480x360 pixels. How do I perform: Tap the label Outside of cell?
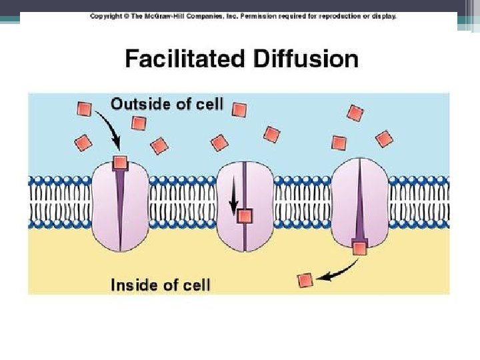coord(167,105)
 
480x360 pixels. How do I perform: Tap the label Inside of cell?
coord(160,285)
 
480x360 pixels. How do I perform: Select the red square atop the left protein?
coord(120,162)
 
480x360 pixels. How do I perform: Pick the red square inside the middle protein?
coord(245,215)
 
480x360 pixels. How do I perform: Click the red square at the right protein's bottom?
coord(360,248)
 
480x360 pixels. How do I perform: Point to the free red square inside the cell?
coord(305,281)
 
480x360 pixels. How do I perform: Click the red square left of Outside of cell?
coord(85,108)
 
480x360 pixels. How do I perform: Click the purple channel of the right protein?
coord(360,200)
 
